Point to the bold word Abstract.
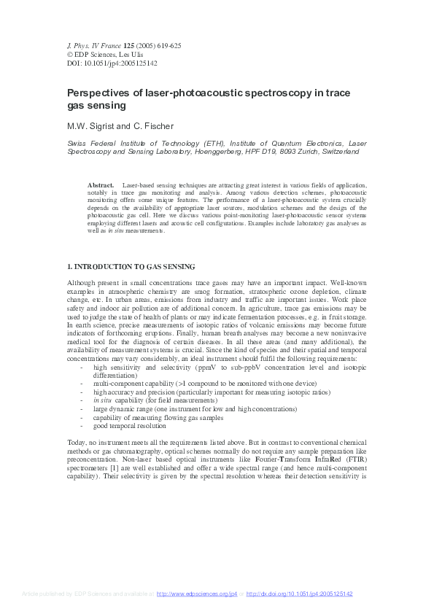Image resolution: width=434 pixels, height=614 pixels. (101, 186)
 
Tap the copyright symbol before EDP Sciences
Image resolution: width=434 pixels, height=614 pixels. (70, 55)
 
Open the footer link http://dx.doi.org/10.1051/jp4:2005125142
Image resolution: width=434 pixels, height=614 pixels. (299, 594)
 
